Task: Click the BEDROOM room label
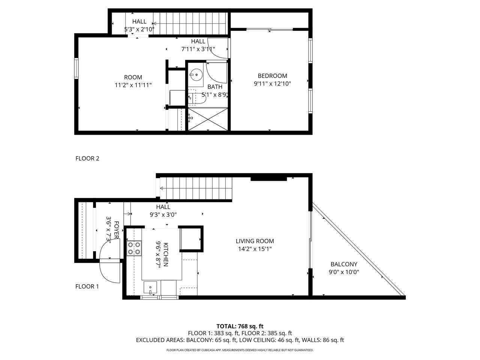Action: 272,76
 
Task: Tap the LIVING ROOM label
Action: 255,241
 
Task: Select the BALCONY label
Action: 344,264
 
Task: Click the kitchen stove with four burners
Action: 134,248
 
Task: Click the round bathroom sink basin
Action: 196,75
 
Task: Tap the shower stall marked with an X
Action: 208,119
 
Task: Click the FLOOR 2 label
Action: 87,159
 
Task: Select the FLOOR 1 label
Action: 87,286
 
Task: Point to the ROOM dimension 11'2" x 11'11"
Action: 133,85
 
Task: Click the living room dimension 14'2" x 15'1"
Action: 255,249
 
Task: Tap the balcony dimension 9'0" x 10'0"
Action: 344,272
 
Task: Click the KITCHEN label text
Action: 166,255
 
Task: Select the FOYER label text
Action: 117,230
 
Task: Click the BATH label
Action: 215,87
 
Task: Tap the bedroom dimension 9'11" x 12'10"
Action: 273,84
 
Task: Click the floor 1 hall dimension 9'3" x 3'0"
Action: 163,215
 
